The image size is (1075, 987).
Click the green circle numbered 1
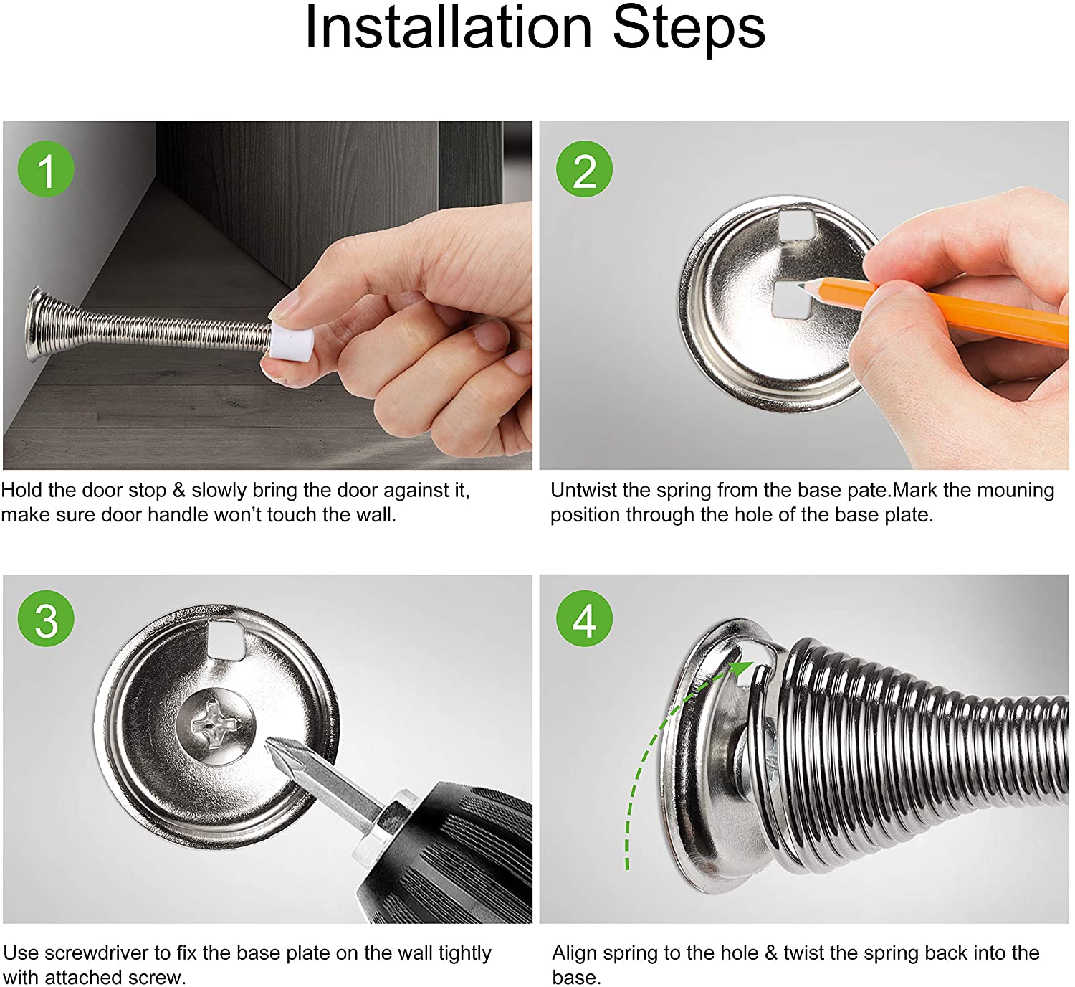(x=46, y=169)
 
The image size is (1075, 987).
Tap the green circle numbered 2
(x=585, y=169)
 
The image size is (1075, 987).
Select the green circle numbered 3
(x=46, y=618)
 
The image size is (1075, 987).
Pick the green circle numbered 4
(x=585, y=618)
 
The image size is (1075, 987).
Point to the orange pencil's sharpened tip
(x=802, y=285)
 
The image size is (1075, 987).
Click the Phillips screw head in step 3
(x=216, y=727)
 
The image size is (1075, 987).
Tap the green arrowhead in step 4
(x=742, y=669)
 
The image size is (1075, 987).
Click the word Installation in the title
(x=449, y=28)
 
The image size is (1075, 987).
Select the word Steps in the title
(x=689, y=30)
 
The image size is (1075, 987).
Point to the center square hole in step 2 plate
(x=790, y=299)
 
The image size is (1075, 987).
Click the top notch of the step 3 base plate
(x=226, y=638)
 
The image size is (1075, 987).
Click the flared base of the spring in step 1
(x=36, y=324)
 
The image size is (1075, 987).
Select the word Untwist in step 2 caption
(x=581, y=491)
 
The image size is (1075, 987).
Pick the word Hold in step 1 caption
(x=21, y=491)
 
